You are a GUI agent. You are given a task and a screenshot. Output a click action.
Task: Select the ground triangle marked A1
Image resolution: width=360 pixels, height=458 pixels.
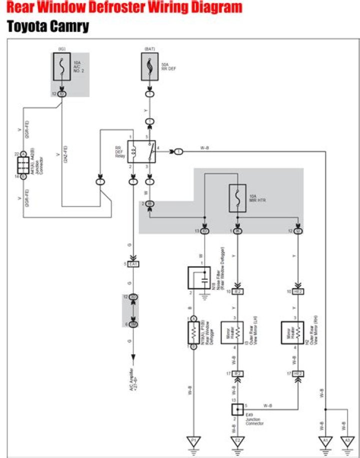click(325, 441)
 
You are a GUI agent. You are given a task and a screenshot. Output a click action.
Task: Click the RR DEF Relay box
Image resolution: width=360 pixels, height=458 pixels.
click(141, 151)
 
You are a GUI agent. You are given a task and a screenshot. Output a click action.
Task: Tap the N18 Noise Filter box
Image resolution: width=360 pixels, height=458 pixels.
click(202, 279)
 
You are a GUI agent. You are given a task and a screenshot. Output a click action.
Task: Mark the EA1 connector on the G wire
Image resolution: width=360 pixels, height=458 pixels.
click(133, 264)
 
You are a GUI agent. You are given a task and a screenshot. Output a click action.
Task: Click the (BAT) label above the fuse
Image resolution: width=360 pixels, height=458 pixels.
click(150, 49)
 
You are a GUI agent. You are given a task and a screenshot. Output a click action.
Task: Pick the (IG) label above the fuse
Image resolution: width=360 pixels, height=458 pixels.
click(62, 49)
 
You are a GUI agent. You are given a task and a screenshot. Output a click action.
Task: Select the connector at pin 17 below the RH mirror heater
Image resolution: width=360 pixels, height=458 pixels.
click(298, 373)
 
